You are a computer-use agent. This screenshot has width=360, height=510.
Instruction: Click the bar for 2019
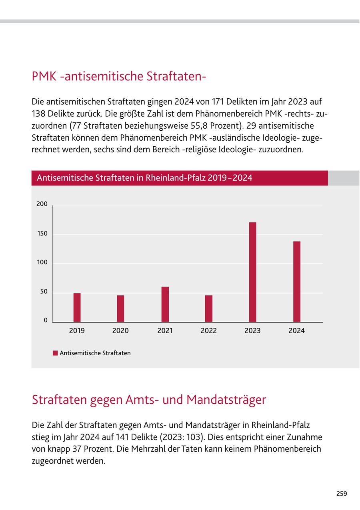tap(77, 307)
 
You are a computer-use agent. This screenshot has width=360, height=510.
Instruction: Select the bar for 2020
tap(120, 309)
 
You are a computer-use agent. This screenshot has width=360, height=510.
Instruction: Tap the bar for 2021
tap(165, 304)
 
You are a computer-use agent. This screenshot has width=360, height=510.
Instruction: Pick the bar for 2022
tap(208, 309)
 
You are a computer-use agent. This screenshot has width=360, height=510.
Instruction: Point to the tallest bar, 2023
tap(252, 272)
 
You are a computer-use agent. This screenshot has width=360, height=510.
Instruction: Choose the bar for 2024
tap(296, 281)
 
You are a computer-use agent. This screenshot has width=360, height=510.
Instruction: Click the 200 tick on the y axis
tap(42, 204)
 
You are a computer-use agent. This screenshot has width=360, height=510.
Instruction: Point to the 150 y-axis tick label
tap(42, 233)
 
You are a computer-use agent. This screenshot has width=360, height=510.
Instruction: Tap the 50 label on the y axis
tap(44, 292)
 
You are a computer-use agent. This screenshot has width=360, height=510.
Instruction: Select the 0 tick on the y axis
tap(46, 321)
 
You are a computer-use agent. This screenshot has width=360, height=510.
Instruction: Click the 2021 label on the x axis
tap(165, 331)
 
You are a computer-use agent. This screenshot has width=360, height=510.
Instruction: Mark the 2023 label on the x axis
tap(252, 331)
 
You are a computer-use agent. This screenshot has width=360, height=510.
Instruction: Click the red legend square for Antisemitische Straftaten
tap(55, 353)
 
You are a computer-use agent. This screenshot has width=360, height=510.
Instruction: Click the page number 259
tap(341, 494)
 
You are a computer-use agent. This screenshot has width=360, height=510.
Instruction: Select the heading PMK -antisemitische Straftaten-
tap(119, 76)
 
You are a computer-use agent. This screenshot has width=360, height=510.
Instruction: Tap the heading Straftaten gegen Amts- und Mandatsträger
tap(149, 400)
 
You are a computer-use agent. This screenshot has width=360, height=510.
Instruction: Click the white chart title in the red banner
tap(144, 177)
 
